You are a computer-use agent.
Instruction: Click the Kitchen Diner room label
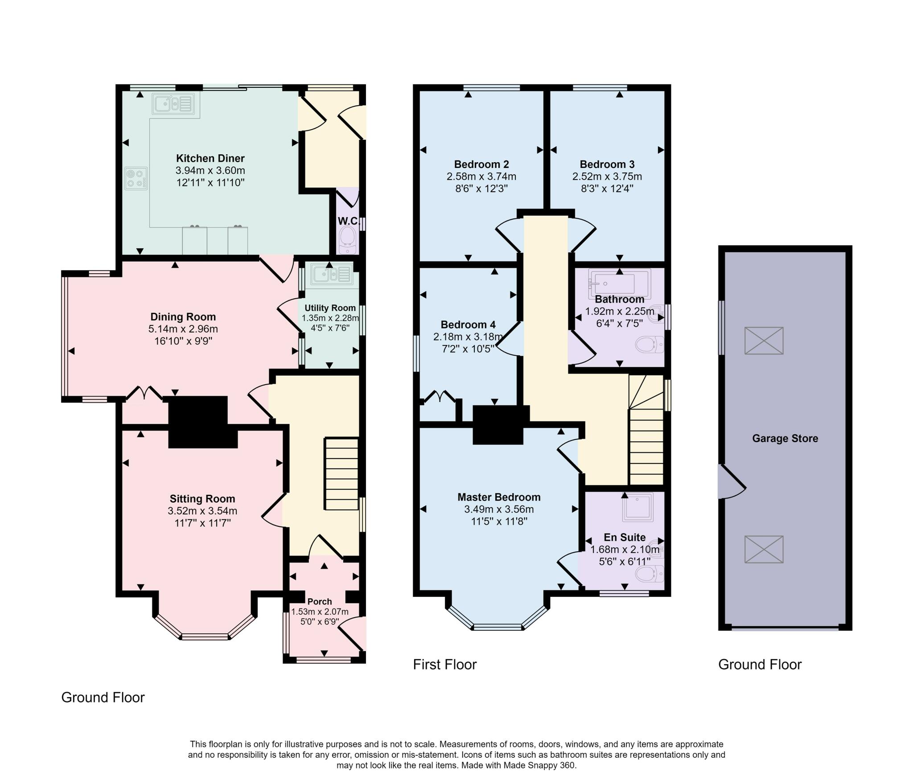click(x=210, y=158)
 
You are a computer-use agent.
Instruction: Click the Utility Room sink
click(x=332, y=273)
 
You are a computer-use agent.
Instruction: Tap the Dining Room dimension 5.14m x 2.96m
click(x=183, y=329)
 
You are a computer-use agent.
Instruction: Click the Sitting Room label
click(x=202, y=499)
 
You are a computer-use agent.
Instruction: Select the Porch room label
click(x=319, y=602)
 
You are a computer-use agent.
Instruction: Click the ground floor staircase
click(x=341, y=474)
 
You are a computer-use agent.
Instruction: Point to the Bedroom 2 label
click(x=481, y=164)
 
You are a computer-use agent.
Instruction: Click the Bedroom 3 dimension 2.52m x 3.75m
click(x=607, y=177)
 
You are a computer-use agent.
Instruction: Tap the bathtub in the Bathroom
click(x=620, y=283)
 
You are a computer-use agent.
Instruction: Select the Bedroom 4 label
click(x=468, y=325)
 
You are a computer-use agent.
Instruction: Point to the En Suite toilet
click(x=649, y=574)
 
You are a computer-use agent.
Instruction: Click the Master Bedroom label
click(x=499, y=497)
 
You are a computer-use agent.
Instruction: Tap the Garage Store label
click(x=785, y=439)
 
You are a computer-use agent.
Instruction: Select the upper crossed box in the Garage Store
click(x=764, y=341)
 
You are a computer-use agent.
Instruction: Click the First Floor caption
click(x=445, y=665)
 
